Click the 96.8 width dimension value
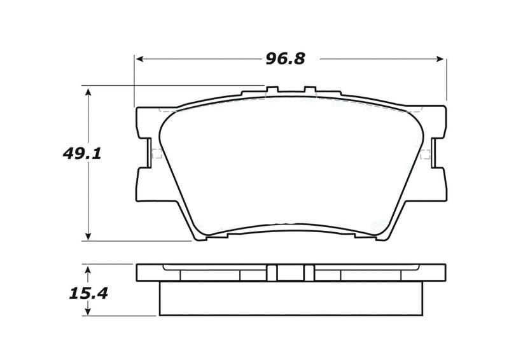pos(284,59)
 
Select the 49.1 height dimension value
pos(82,153)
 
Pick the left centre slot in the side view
pos(272,272)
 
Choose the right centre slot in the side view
pos(309,272)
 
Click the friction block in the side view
pos(290,298)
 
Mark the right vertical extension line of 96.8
pos(446,80)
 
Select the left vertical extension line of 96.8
pos(134,80)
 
